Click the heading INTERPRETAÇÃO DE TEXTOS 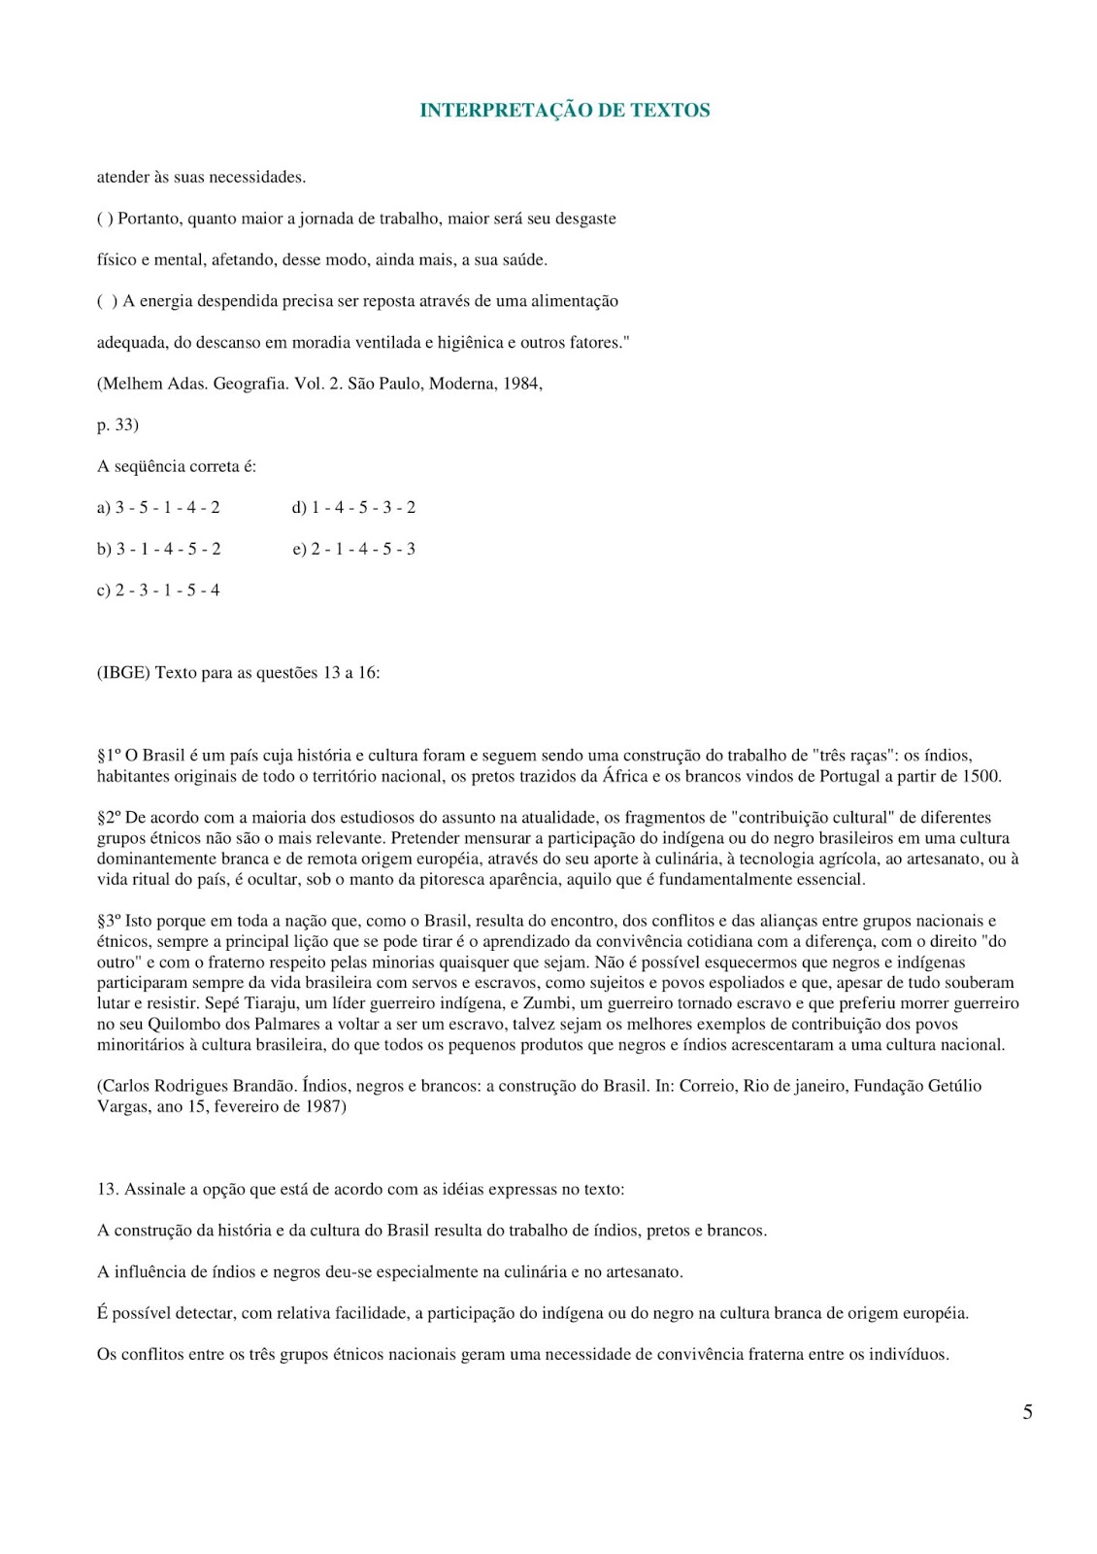coord(564,111)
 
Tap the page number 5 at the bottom coord(1027,1412)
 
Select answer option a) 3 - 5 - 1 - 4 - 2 coord(158,507)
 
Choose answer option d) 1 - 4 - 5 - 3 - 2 coord(353,507)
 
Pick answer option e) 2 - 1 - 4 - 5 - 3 coord(353,549)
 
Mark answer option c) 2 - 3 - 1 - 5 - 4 coord(158,590)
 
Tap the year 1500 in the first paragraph coord(981,776)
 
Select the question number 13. coord(107,1189)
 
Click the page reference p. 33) coord(117,424)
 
